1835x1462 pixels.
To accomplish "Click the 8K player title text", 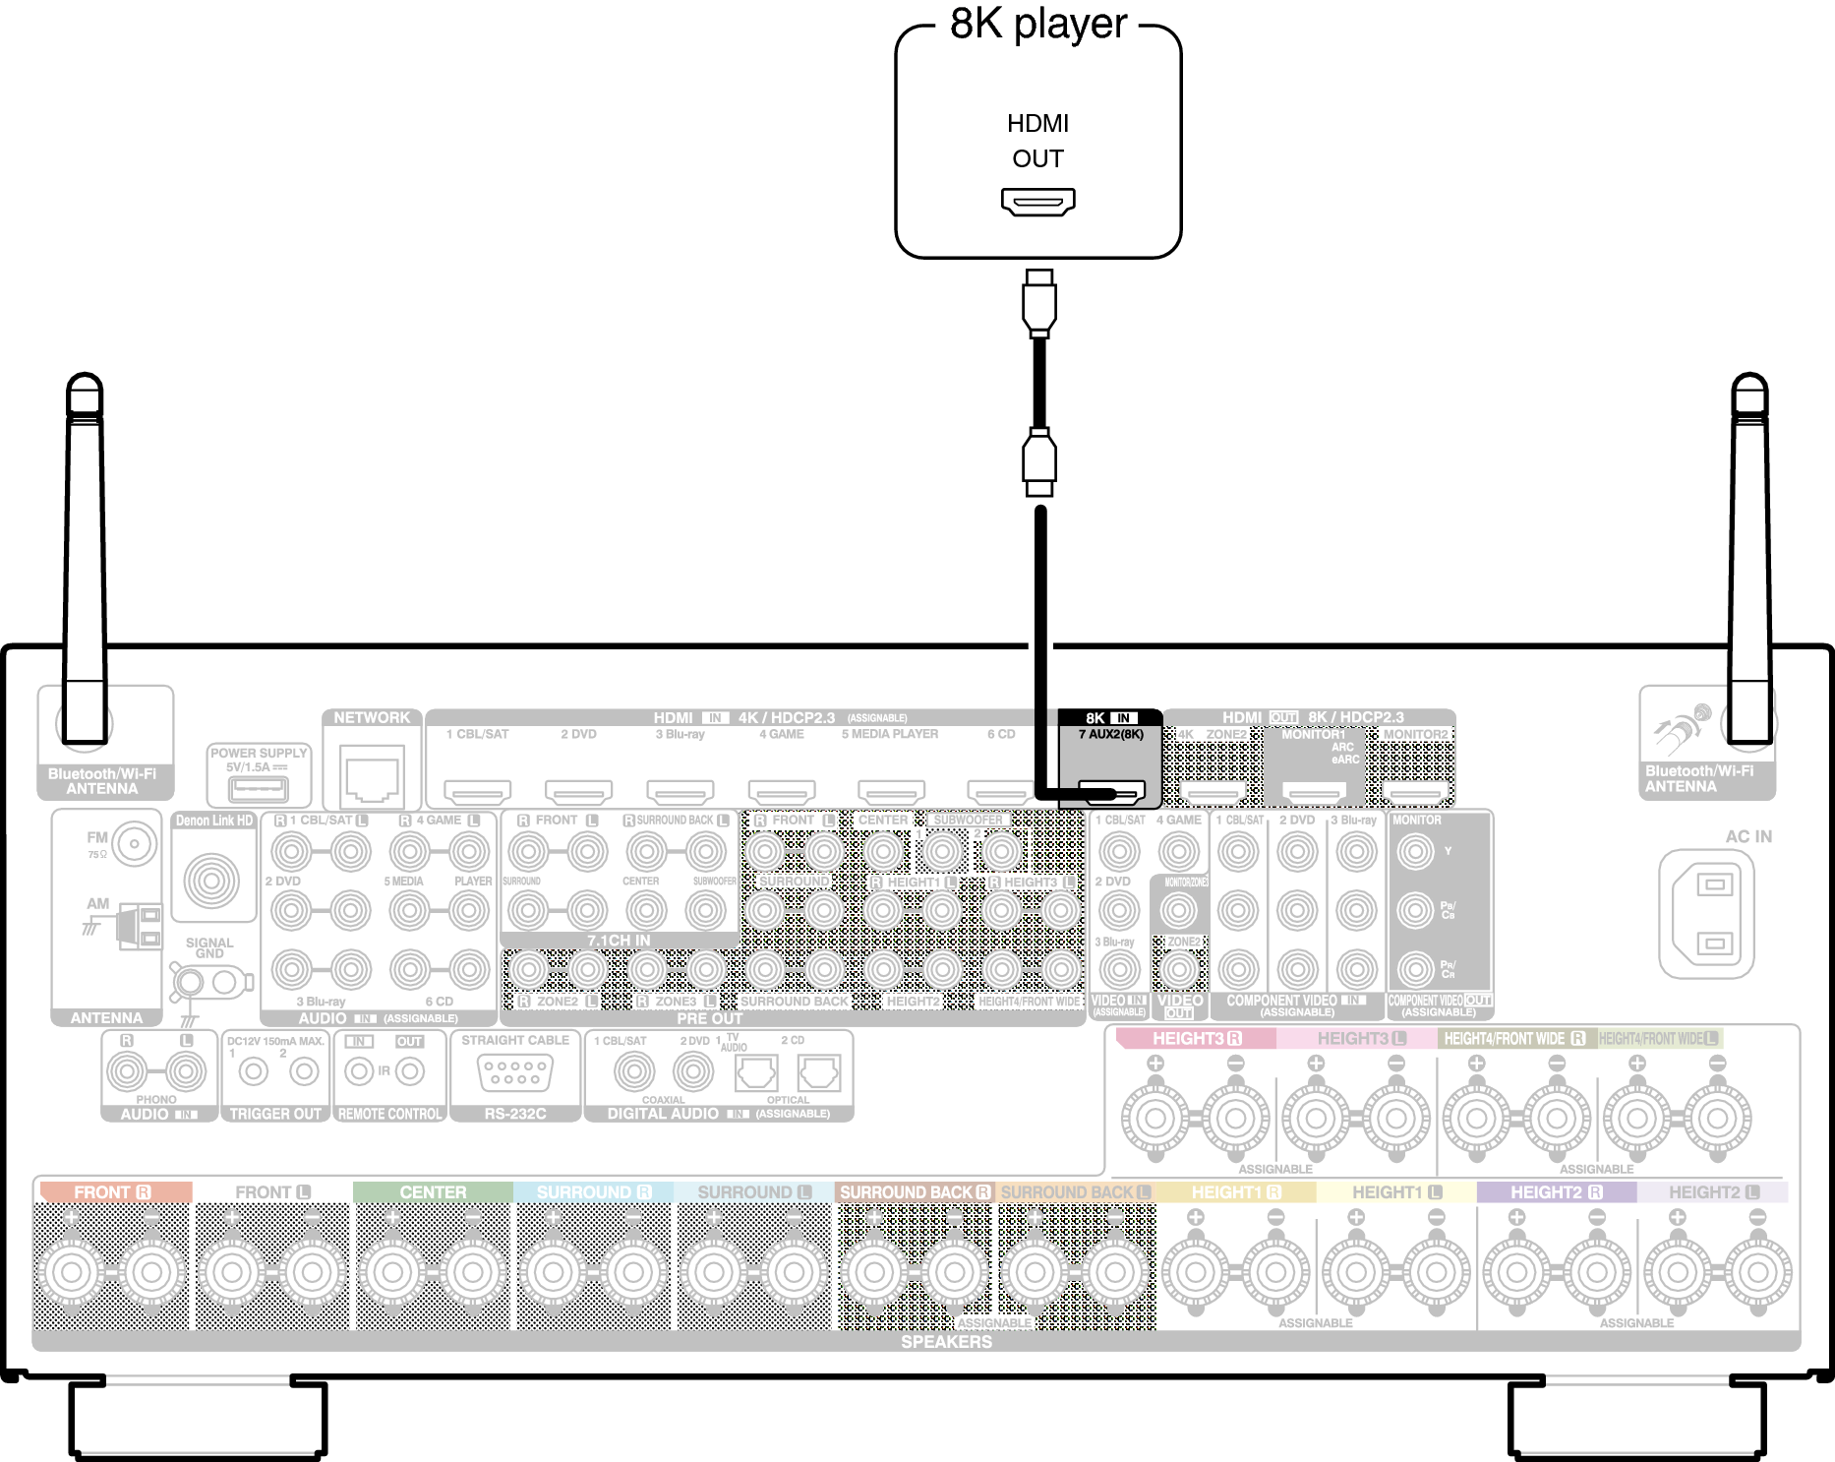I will (x=1037, y=24).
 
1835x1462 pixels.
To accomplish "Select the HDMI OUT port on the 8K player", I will (x=1037, y=202).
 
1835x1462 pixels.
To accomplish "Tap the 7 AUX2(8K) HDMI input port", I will (x=1112, y=791).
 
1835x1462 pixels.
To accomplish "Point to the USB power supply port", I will (x=258, y=788).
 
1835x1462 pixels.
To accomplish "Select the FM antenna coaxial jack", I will (x=134, y=844).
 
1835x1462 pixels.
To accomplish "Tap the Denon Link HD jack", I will (x=211, y=880).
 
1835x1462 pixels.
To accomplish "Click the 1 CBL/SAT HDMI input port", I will (x=477, y=791).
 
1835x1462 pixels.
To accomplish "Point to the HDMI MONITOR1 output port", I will (x=1314, y=791).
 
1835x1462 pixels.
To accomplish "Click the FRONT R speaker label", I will (x=112, y=1192).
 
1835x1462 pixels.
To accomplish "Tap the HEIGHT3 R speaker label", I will (x=1196, y=1039).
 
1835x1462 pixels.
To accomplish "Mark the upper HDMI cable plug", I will (x=1038, y=304).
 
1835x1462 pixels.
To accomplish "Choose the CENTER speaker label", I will (x=433, y=1192).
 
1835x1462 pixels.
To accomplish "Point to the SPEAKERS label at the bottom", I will (x=946, y=1342).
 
